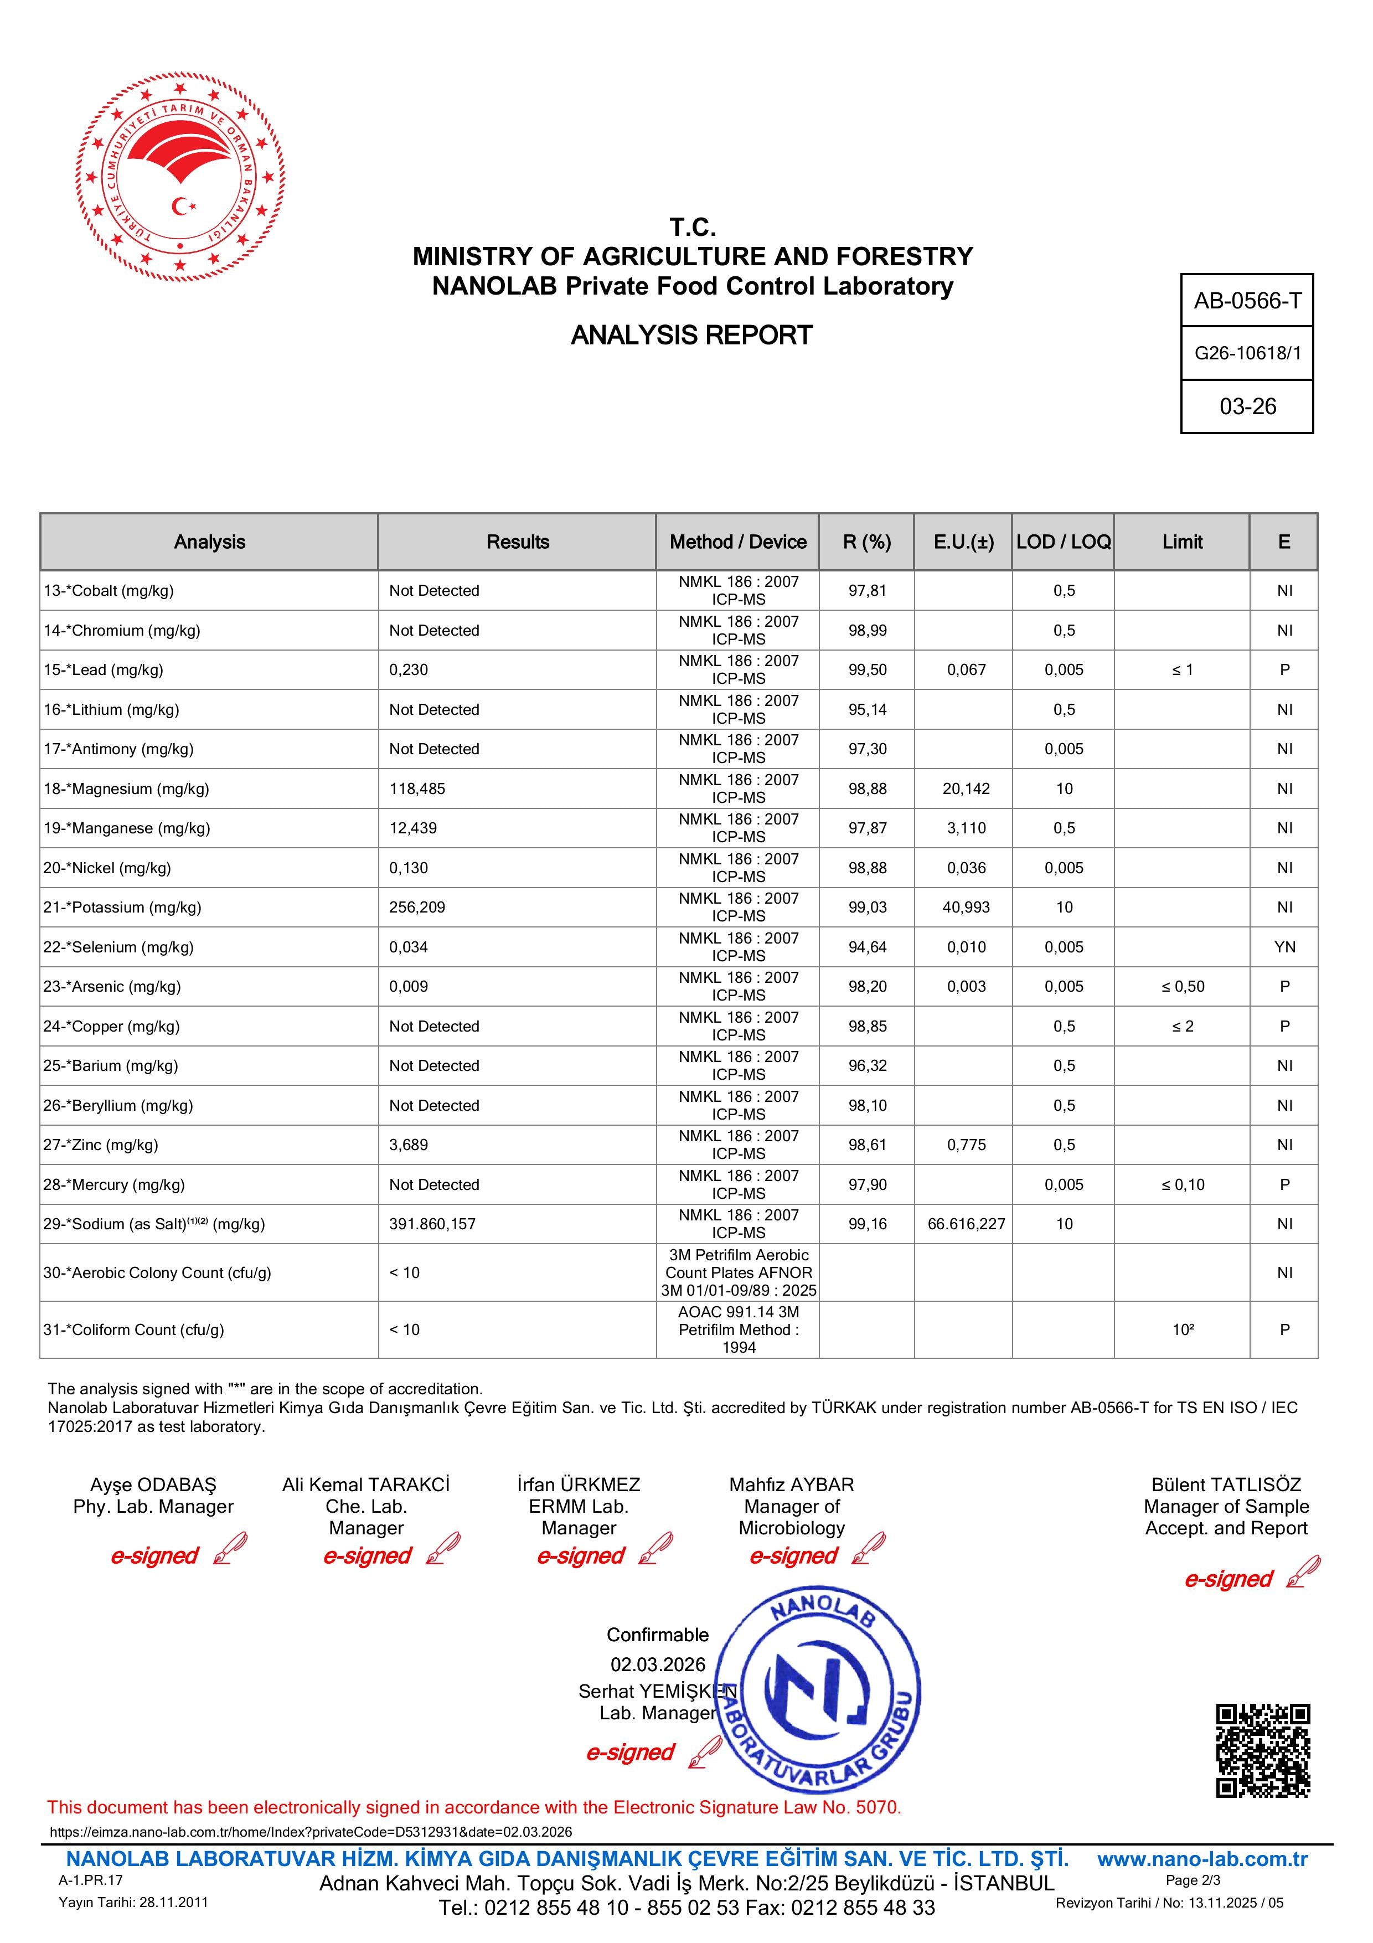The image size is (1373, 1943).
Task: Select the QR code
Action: coord(1262,1750)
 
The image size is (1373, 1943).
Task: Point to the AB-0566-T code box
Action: coord(1247,301)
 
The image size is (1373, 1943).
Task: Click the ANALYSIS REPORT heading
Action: coord(691,335)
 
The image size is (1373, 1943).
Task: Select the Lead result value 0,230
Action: coord(409,669)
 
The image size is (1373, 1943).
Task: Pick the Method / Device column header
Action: coord(737,542)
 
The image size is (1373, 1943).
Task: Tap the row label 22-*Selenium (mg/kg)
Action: coord(118,947)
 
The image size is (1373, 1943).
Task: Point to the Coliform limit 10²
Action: coord(1183,1329)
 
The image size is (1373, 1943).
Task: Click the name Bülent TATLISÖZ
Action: coord(1226,1485)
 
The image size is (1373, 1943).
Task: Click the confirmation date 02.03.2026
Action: coord(657,1664)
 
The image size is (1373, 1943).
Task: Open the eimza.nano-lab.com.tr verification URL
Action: coord(311,1831)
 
